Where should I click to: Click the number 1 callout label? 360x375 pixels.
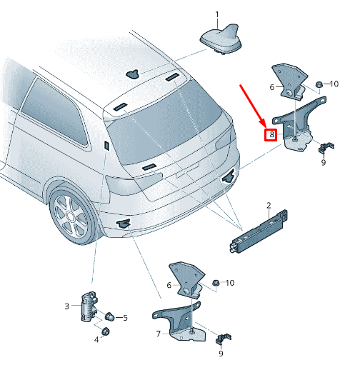[x=218, y=14]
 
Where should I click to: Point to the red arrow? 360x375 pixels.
[x=253, y=105]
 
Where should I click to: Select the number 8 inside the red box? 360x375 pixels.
[x=271, y=134]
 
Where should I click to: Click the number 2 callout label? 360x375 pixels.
[x=269, y=206]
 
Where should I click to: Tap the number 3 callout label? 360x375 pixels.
[x=66, y=306]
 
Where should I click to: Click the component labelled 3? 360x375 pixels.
[x=88, y=306]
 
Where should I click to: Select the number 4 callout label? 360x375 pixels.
[x=97, y=340]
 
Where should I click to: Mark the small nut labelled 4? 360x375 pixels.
[x=106, y=331]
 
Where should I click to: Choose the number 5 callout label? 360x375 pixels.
[x=126, y=318]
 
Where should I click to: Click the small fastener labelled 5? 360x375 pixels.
[x=110, y=316]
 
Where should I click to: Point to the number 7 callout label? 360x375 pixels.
[x=158, y=333]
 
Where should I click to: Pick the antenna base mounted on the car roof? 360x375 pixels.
[x=134, y=73]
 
